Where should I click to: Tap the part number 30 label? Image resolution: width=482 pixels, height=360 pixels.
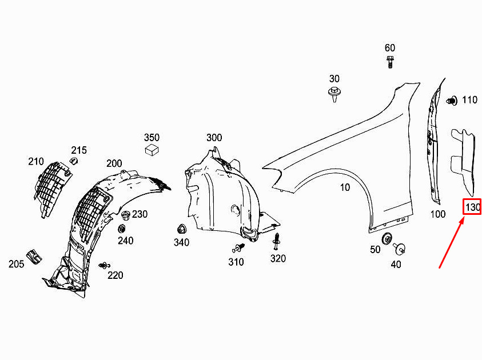point(334,79)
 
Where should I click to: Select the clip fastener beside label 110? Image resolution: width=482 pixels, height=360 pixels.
point(451,101)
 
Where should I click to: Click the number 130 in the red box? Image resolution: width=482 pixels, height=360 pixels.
point(472,207)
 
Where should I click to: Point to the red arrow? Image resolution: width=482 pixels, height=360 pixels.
point(452,242)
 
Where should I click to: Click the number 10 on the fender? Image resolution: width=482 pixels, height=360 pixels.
point(345,187)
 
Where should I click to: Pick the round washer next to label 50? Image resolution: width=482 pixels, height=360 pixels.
point(387,239)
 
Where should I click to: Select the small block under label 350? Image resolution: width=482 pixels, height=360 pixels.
point(152,150)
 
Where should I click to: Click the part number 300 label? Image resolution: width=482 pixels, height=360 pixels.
point(214,138)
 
